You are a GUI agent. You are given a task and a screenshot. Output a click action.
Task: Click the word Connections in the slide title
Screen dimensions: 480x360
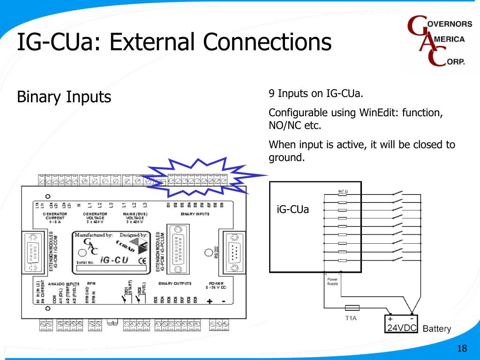click(x=268, y=42)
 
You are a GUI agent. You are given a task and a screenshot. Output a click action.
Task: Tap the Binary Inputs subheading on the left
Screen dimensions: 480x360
click(x=64, y=97)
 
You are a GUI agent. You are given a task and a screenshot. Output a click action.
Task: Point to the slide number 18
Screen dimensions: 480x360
click(x=462, y=348)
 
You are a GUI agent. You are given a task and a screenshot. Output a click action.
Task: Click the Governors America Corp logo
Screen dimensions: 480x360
click(x=439, y=42)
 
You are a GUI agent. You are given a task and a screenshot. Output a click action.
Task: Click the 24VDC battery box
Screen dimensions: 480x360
click(x=401, y=323)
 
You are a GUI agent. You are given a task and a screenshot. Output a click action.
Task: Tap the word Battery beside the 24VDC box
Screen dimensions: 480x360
click(x=436, y=329)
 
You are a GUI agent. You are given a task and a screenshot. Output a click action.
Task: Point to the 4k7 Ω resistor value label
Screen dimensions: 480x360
click(x=343, y=191)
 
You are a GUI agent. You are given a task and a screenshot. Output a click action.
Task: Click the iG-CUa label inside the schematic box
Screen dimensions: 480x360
click(x=293, y=209)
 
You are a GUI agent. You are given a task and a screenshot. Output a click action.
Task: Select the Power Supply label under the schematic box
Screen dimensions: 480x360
click(x=332, y=281)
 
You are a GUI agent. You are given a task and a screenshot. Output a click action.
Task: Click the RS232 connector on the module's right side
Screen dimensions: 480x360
click(x=233, y=253)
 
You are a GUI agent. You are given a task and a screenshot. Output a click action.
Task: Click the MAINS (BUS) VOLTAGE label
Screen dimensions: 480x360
click(x=135, y=218)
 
